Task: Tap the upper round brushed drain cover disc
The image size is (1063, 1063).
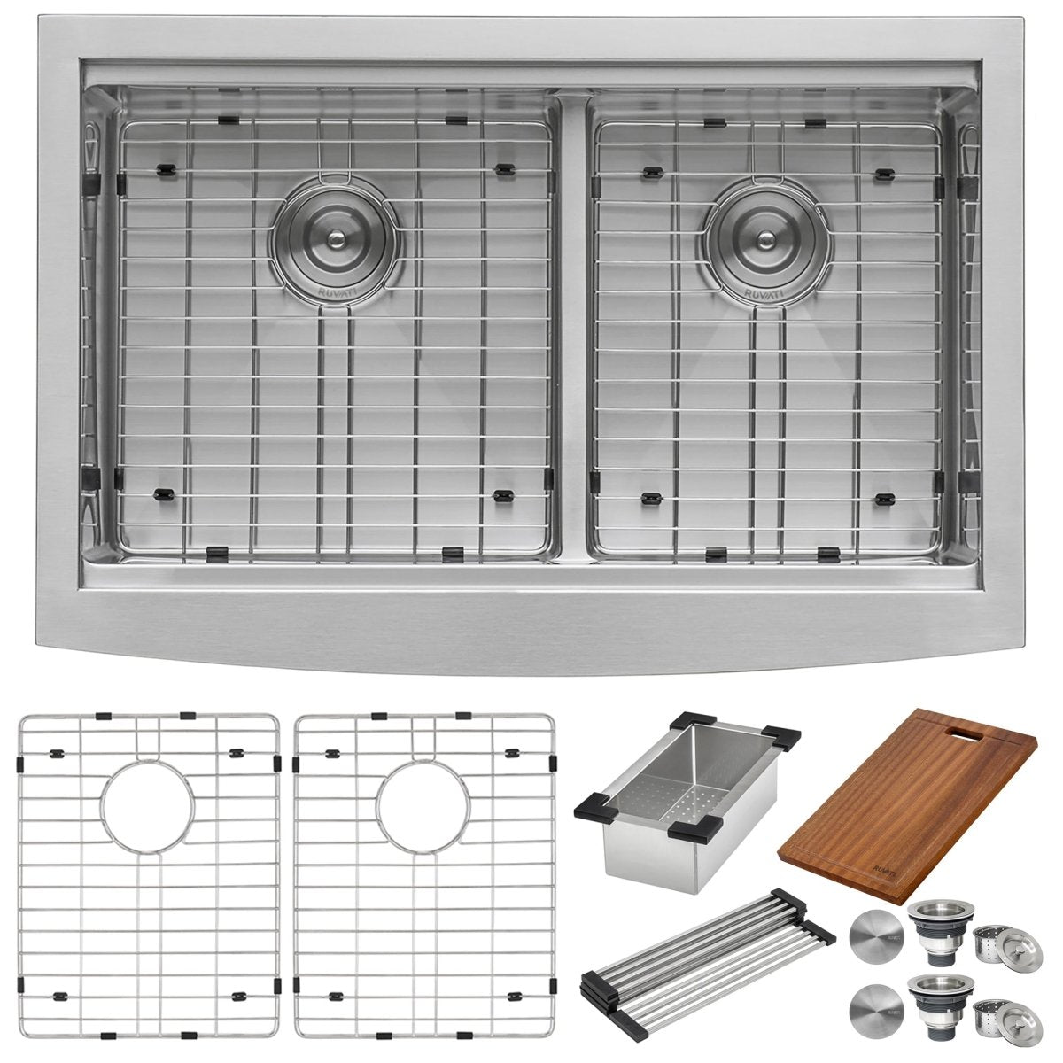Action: (873, 934)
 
